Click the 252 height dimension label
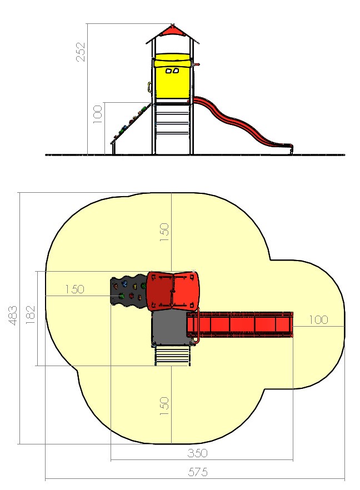tap(81, 52)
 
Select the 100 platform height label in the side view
tap(98, 114)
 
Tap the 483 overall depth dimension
tap(13, 316)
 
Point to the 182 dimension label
tap(31, 314)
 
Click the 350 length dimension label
tap(198, 453)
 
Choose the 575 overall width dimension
tap(198, 472)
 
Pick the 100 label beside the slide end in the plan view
tap(318, 319)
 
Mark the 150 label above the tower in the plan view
tap(164, 232)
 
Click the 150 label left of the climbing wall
tap(74, 289)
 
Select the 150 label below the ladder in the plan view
tap(164, 406)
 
